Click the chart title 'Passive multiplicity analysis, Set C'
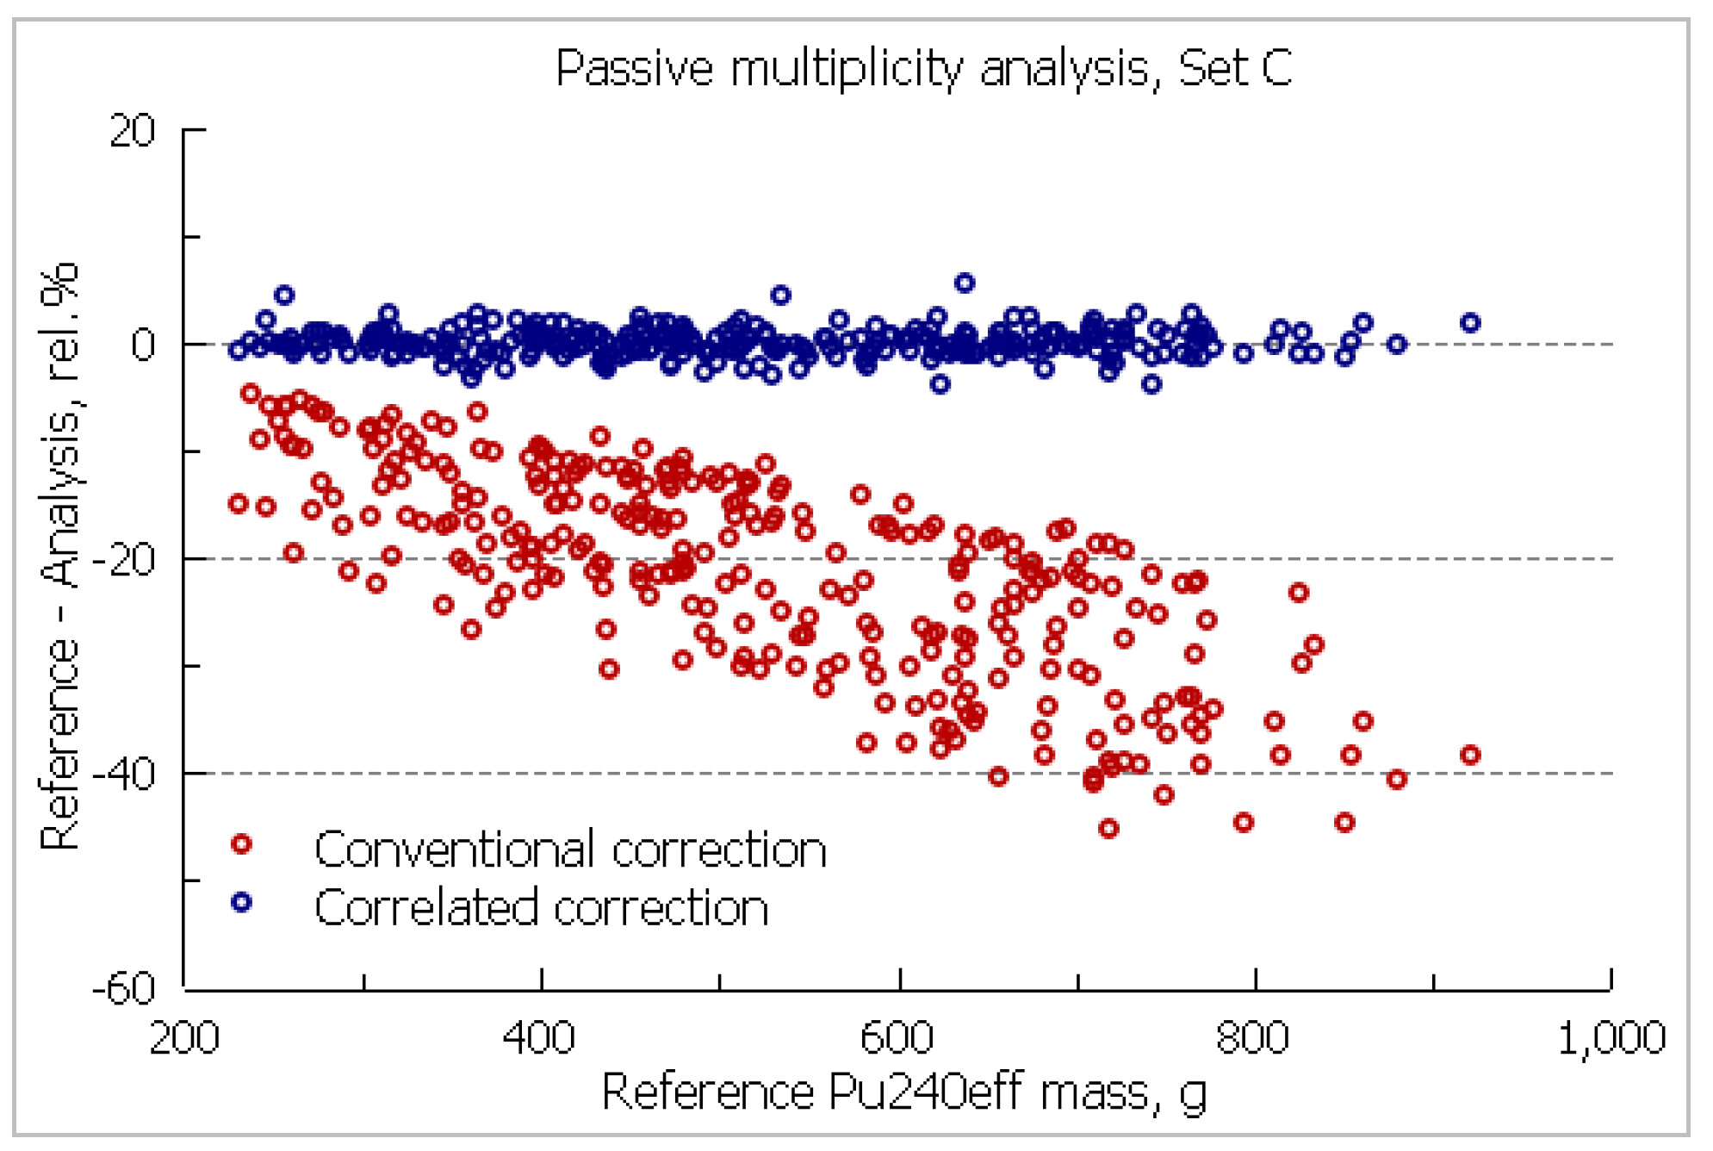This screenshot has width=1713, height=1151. click(923, 68)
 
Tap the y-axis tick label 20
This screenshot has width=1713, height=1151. click(132, 131)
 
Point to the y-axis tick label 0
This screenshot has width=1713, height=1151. click(143, 345)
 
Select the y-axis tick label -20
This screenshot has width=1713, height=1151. click(124, 560)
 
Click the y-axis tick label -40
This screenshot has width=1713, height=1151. click(124, 775)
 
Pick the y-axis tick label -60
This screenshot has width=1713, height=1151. click(124, 988)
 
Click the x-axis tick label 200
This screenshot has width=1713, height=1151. click(184, 1037)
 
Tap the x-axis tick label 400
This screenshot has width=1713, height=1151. click(539, 1037)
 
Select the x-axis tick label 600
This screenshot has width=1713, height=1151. click(897, 1037)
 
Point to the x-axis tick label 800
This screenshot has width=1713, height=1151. click(1253, 1037)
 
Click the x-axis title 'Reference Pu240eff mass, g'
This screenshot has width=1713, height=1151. click(904, 1092)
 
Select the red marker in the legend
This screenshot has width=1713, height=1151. click(241, 844)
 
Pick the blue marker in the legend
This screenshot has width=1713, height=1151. click(241, 902)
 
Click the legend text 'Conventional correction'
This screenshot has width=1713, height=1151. click(570, 849)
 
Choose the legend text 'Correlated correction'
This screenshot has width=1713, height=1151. click(541, 907)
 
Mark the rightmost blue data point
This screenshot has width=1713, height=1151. click(1470, 323)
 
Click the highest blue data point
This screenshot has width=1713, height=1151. click(965, 283)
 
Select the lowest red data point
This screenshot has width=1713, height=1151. click(1108, 829)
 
